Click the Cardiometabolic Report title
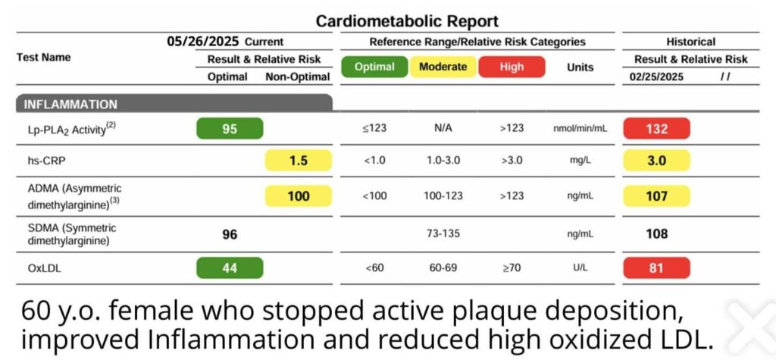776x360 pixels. coord(407,21)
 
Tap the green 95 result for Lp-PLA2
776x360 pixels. coord(230,129)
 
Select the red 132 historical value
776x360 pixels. coord(656,129)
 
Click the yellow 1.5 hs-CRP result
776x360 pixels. coord(299,161)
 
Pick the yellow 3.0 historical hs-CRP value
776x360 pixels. coord(656,161)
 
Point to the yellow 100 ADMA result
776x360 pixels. coord(299,196)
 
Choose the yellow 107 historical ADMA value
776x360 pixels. coord(656,196)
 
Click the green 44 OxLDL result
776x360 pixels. coord(230,268)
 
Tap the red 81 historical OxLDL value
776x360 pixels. coord(656,268)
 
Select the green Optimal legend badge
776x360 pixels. coord(374,67)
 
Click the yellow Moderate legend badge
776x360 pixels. coord(443,67)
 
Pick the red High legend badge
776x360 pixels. coord(512,67)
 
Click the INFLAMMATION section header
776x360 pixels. coord(70,105)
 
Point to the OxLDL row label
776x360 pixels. coord(43,268)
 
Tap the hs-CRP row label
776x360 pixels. coord(44,161)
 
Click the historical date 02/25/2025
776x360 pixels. coord(657,77)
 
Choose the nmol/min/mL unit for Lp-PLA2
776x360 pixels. coord(580,129)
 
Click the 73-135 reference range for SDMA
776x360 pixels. coord(443,234)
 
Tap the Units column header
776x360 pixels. coord(580,67)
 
